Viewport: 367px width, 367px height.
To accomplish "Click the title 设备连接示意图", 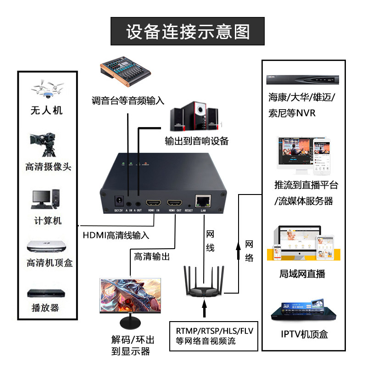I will [x=188, y=32].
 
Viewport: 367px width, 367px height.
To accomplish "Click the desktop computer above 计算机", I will [x=45, y=199].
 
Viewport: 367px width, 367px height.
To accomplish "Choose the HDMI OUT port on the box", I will [x=175, y=203].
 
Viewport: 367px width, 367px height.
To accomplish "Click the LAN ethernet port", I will [x=203, y=201].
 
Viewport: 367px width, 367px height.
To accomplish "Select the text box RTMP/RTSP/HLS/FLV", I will [x=215, y=336].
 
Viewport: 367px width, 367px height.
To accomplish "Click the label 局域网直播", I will [x=302, y=274].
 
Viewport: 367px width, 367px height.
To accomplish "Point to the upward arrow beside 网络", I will [x=238, y=250].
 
